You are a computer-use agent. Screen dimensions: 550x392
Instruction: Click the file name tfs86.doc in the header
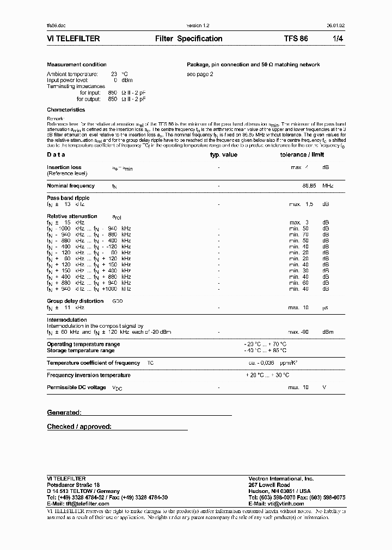pyautogui.click(x=56, y=26)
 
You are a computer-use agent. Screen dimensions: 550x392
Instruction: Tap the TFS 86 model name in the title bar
pyautogui.click(x=296, y=39)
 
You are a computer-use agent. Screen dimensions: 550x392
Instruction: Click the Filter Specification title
pyautogui.click(x=188, y=39)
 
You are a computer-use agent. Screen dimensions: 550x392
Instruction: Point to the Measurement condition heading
pyautogui.click(x=77, y=65)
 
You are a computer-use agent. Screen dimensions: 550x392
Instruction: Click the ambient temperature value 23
pyautogui.click(x=114, y=74)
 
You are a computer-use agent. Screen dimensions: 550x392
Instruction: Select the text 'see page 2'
pyautogui.click(x=200, y=74)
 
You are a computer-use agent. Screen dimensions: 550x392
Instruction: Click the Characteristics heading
pyautogui.click(x=66, y=110)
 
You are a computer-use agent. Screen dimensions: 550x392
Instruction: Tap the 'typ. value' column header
pyautogui.click(x=224, y=155)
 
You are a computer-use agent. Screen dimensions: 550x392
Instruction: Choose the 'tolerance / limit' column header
pyautogui.click(x=302, y=155)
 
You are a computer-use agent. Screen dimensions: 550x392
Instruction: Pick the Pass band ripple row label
pyautogui.click(x=68, y=198)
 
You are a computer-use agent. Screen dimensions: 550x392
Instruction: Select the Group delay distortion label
pyautogui.click(x=75, y=301)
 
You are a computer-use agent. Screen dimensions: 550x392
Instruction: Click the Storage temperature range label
pyautogui.click(x=81, y=351)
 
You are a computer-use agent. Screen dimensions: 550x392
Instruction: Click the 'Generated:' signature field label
pyautogui.click(x=64, y=413)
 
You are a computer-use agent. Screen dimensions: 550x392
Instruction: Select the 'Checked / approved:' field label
pyautogui.click(x=79, y=427)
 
